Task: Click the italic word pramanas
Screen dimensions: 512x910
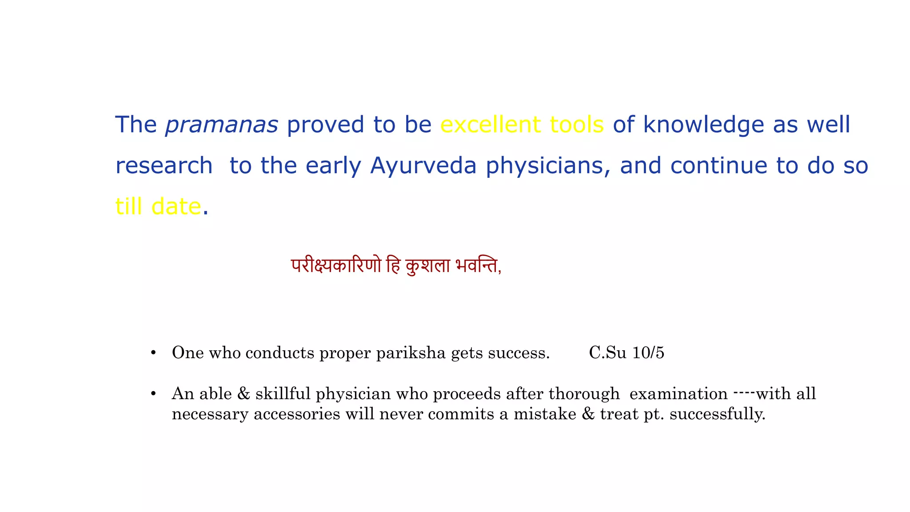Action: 221,125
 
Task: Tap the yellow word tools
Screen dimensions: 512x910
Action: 577,124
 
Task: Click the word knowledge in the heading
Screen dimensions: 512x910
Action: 703,125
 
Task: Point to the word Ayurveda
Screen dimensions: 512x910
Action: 423,166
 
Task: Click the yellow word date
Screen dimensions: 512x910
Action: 176,207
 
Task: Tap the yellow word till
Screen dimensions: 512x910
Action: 128,207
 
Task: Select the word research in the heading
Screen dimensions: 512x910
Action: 164,166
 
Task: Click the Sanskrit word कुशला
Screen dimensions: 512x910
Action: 428,266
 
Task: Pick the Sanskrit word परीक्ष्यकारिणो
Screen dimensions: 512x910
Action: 336,266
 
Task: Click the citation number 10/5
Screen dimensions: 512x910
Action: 648,353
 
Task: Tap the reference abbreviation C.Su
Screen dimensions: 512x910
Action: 607,353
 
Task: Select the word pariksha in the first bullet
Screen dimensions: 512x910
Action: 411,353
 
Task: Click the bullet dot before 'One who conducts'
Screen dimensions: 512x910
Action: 153,353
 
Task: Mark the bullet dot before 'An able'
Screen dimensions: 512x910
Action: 153,394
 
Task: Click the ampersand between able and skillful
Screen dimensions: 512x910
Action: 243,394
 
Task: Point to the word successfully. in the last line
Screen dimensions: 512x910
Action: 717,414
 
